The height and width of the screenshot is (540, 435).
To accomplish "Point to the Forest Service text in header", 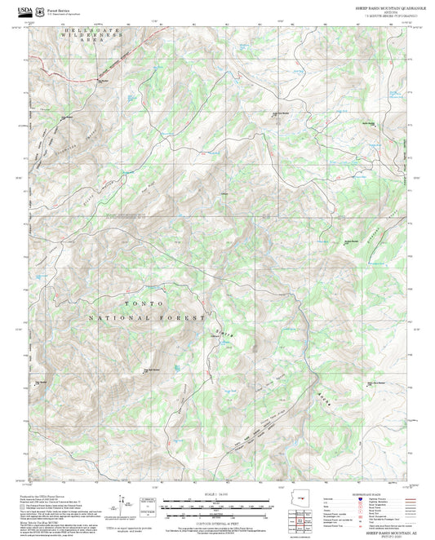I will pyautogui.click(x=59, y=5).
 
